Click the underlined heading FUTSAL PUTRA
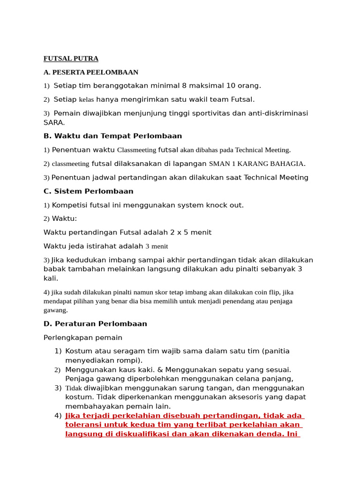71,59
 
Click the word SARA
53,122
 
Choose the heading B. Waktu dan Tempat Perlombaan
112,136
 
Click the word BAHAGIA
287,164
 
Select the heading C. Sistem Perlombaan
88,191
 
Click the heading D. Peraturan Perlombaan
95,324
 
